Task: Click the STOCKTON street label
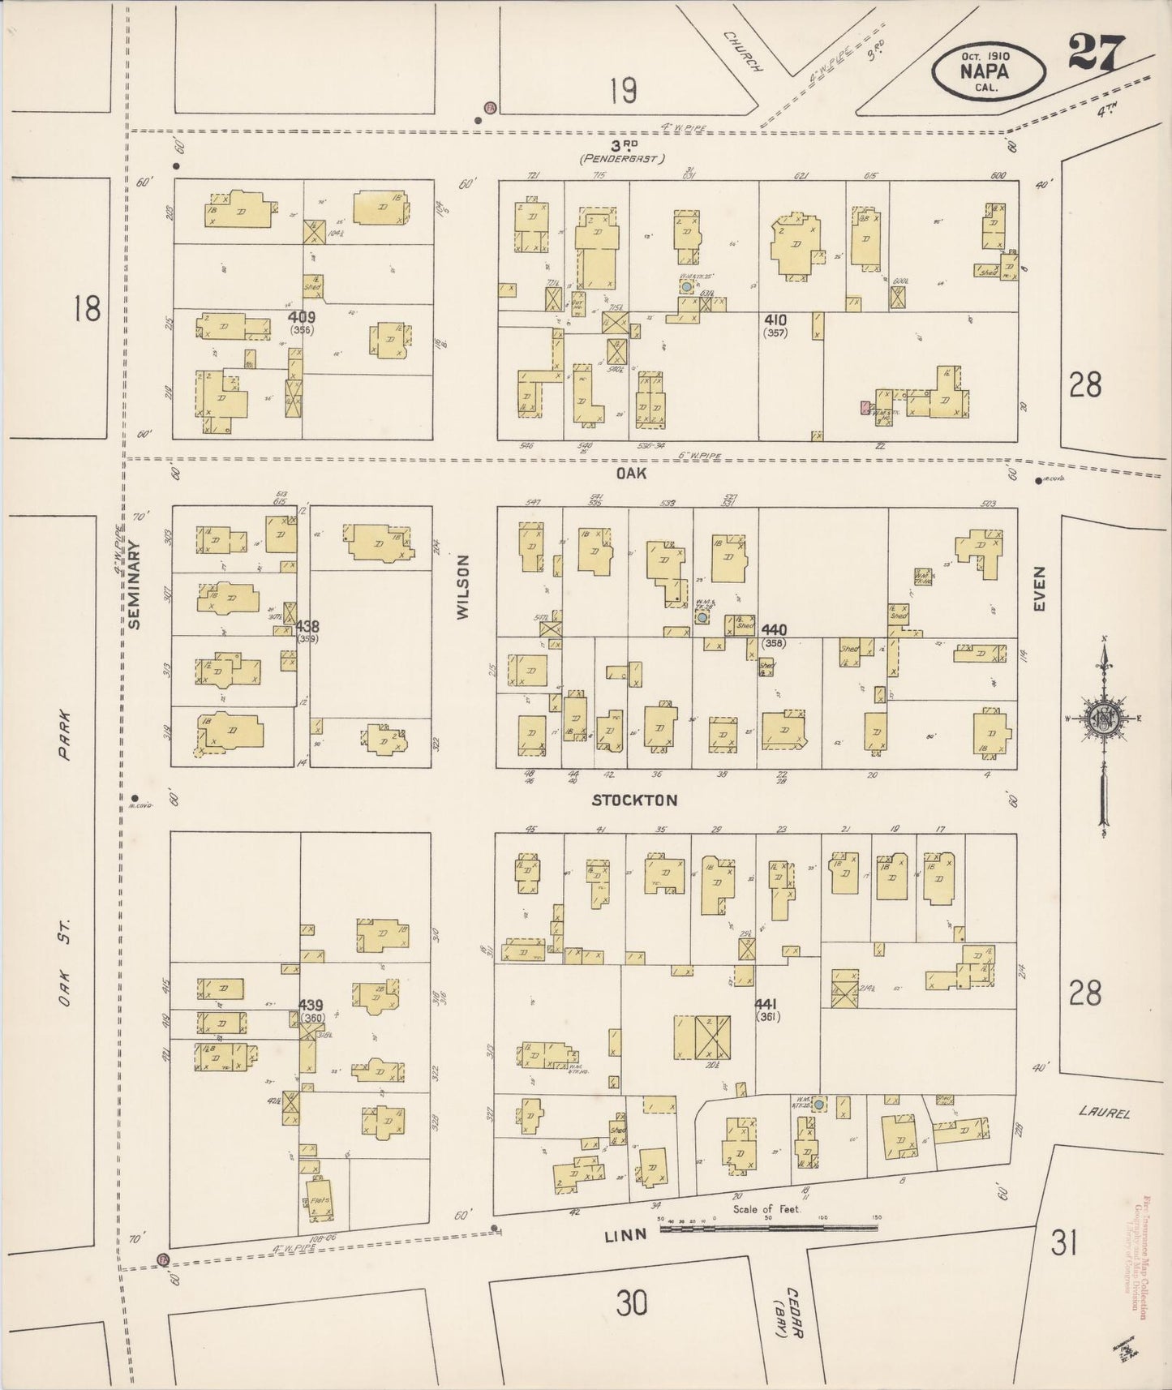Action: click(x=634, y=800)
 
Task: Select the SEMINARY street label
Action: click(x=135, y=584)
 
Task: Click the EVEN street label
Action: click(x=1040, y=588)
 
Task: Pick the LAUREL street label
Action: click(x=1104, y=1113)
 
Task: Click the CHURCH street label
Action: click(x=743, y=53)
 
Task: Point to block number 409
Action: click(x=300, y=317)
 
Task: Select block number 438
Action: click(x=307, y=626)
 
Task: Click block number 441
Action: click(x=766, y=1003)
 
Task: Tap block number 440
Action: click(x=775, y=629)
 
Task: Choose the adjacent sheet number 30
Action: click(x=632, y=1303)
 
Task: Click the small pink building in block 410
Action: click(x=865, y=407)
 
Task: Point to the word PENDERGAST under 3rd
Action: click(x=622, y=160)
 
